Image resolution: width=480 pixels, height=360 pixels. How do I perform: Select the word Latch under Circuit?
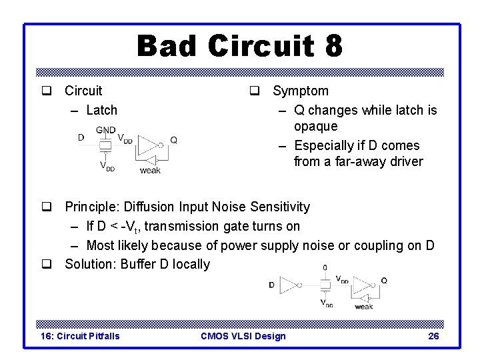pyautogui.click(x=102, y=110)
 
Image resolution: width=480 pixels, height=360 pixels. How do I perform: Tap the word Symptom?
pyautogui.click(x=301, y=91)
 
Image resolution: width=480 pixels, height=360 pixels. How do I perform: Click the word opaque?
pyautogui.click(x=315, y=126)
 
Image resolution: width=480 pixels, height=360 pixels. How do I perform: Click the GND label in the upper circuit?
pyautogui.click(x=105, y=130)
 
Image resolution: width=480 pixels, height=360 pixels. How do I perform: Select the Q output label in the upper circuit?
pyautogui.click(x=173, y=140)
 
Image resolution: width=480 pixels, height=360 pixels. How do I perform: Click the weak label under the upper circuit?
pyautogui.click(x=150, y=171)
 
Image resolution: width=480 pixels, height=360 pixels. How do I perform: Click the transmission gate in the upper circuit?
pyautogui.click(x=105, y=146)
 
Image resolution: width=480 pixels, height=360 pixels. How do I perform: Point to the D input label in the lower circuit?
pyautogui.click(x=272, y=285)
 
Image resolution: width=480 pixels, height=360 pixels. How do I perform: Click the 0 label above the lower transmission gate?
pyautogui.click(x=325, y=267)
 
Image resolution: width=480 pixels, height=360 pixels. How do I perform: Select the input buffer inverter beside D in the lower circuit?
pyautogui.click(x=289, y=285)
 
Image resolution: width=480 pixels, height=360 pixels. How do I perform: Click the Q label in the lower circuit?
pyautogui.click(x=383, y=281)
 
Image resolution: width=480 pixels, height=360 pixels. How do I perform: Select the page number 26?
pyautogui.click(x=433, y=336)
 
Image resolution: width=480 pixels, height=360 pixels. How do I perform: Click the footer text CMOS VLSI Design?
pyautogui.click(x=243, y=336)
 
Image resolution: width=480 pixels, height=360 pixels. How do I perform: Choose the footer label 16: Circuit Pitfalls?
pyautogui.click(x=81, y=336)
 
